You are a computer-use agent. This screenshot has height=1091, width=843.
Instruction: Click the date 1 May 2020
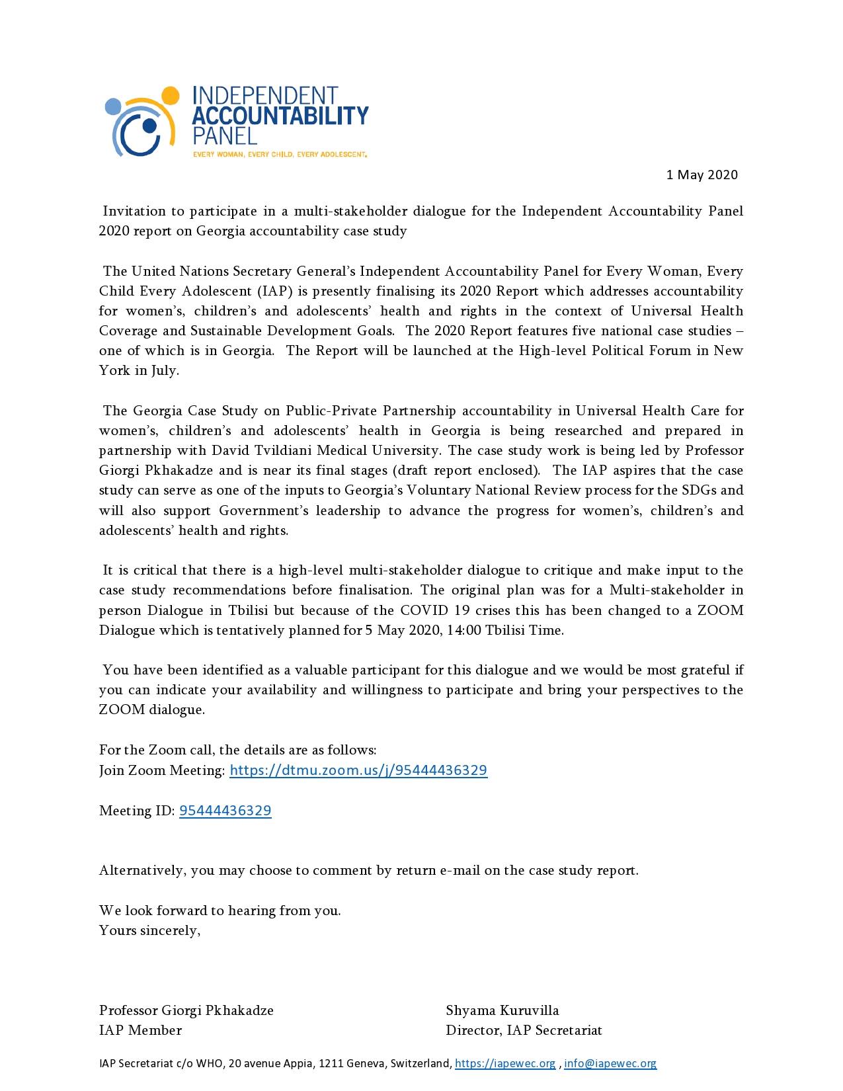pos(702,175)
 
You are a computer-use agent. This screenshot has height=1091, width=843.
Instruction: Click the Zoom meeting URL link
pos(358,770)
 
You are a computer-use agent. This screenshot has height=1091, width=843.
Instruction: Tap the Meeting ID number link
pos(225,810)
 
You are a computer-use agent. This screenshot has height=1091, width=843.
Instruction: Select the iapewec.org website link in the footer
pos(506,1063)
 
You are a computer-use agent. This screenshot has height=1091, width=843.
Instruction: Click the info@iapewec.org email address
pos(610,1063)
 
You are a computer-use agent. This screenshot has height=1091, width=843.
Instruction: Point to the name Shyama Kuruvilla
pos(502,1010)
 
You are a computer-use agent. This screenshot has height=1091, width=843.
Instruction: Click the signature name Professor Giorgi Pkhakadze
pos(186,1010)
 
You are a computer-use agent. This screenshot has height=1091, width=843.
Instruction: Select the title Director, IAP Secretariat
pos(524,1030)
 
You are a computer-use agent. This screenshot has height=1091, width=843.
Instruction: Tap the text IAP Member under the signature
pos(140,1030)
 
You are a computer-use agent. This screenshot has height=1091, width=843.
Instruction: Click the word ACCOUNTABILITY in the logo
pos(280,115)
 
